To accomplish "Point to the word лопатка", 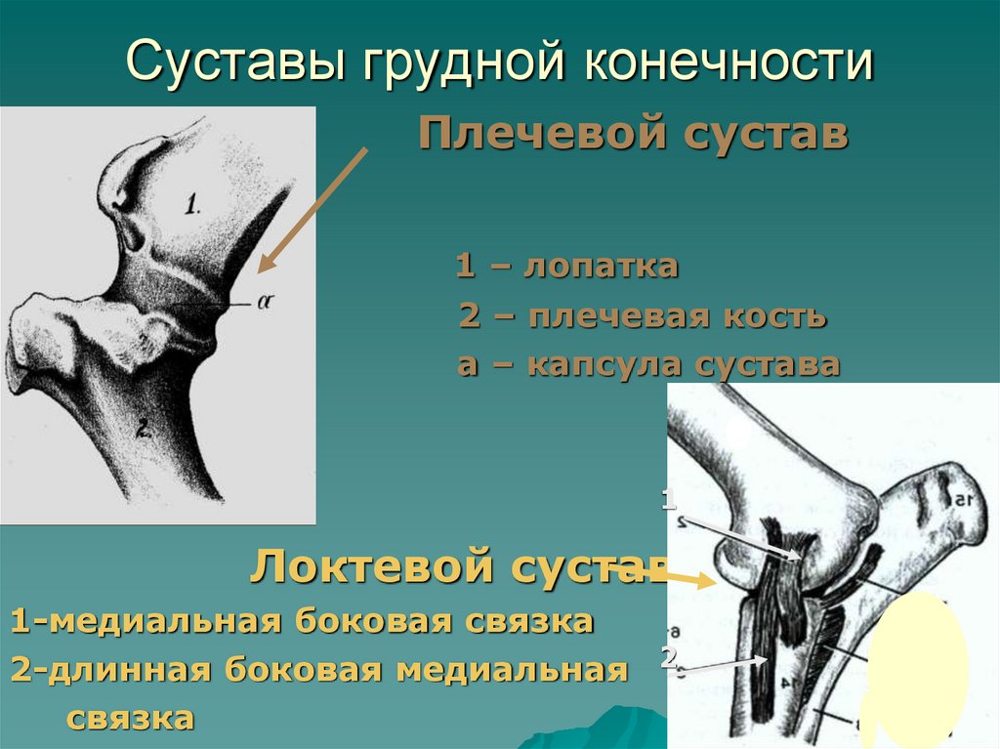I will coord(601,267).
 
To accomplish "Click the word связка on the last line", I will coord(130,719).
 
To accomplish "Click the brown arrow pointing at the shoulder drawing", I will coord(312,207).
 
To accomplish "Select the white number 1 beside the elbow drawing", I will coord(669,501).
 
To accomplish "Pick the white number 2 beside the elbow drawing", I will coord(669,657).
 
